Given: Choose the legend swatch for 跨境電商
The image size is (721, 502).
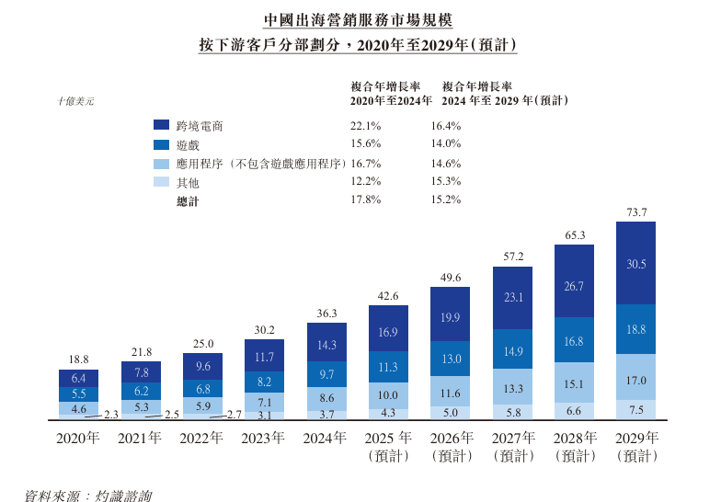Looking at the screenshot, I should tap(162, 125).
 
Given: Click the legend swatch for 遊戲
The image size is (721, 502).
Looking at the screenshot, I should tap(162, 144).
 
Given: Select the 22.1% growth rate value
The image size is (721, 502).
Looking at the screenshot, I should tap(365, 125).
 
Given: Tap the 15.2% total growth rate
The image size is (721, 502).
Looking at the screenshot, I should tap(445, 201).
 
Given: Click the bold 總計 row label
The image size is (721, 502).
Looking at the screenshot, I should tap(187, 201).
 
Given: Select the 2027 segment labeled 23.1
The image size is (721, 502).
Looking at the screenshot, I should tap(513, 298).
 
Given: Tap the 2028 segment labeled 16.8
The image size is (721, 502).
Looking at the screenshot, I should tap(574, 341).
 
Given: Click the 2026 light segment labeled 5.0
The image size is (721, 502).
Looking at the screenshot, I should tap(451, 413).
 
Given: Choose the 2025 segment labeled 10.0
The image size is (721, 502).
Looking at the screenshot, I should tap(388, 394).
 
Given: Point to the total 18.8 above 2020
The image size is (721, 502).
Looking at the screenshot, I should tap(78, 359).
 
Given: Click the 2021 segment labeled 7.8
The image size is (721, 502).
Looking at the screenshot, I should tap(141, 372).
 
